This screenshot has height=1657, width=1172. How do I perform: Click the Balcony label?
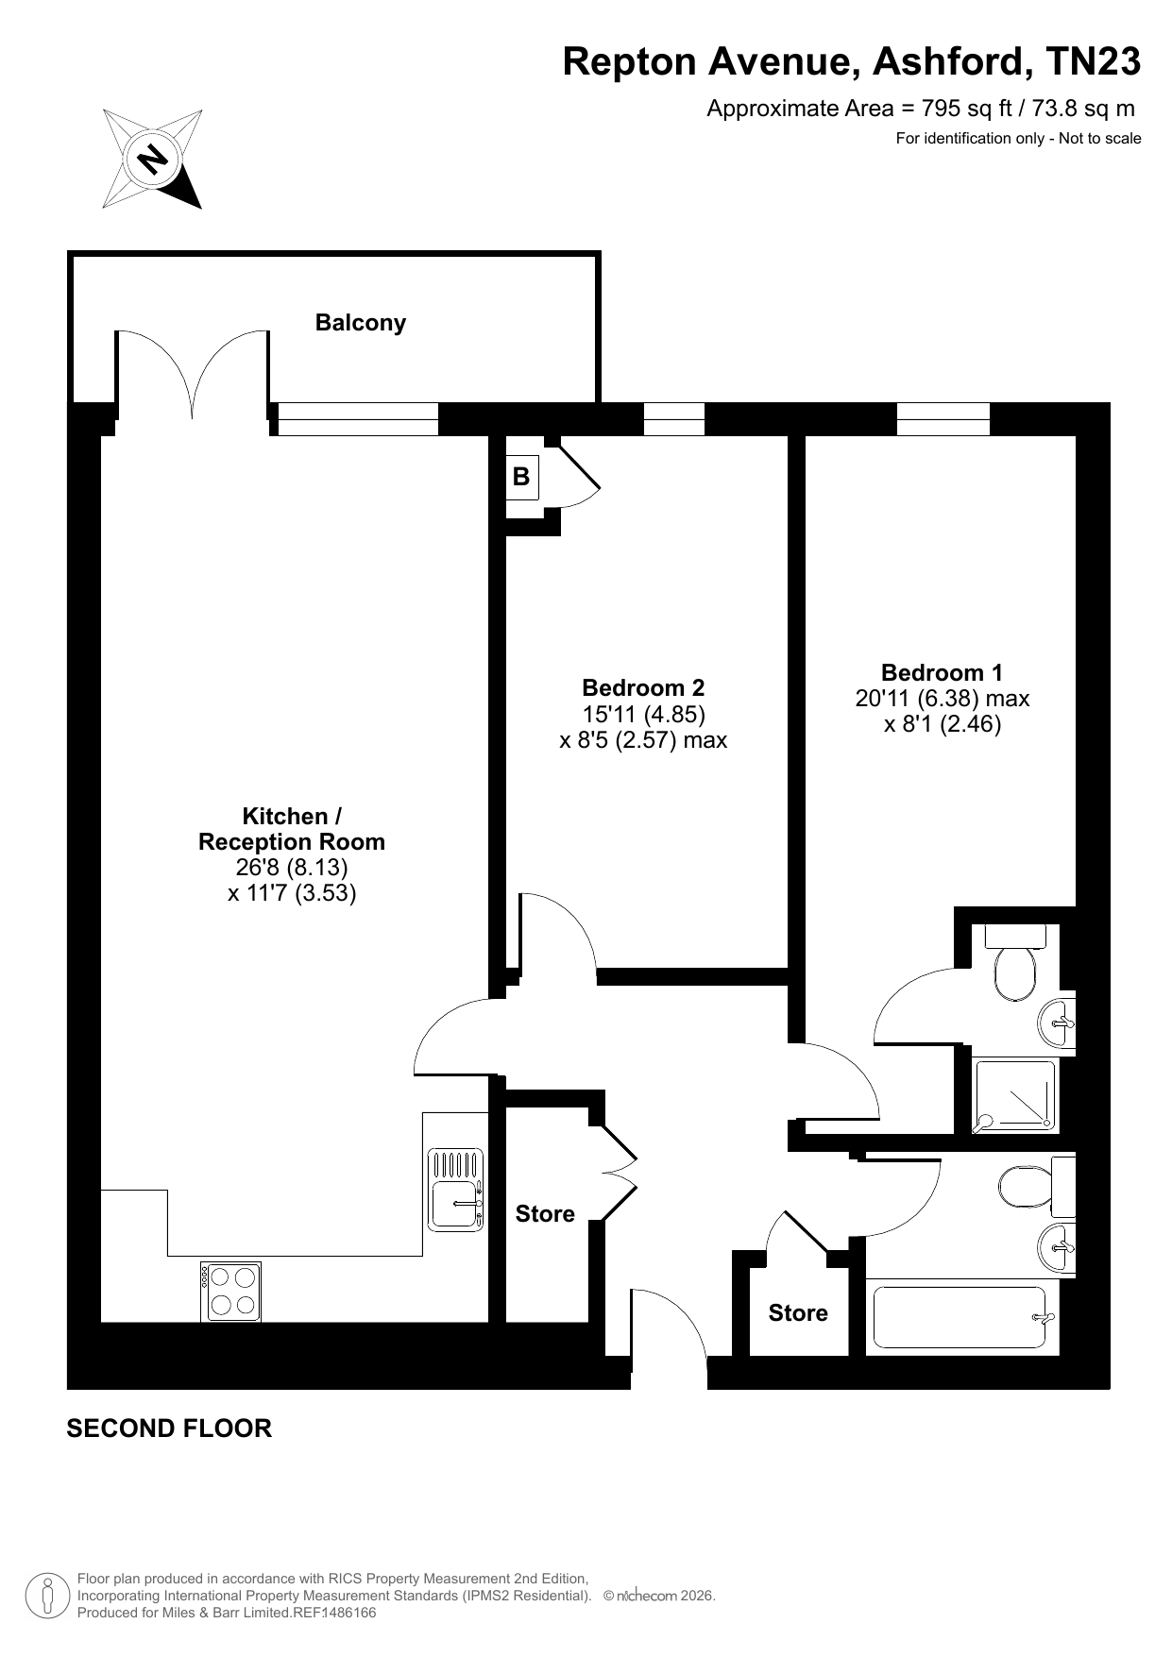360,323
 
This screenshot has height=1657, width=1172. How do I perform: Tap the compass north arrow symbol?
152,159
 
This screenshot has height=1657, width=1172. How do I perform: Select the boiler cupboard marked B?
521,477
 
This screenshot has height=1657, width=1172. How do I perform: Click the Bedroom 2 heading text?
643,688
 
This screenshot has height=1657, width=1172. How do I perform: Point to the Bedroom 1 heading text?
942,673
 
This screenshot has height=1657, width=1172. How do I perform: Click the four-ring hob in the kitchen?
231,1291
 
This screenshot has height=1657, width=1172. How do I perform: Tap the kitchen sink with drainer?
456,1190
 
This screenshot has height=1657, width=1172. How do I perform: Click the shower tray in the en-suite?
1015,1095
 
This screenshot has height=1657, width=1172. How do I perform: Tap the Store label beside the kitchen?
545,1214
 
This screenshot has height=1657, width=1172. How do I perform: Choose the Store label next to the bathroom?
798,1313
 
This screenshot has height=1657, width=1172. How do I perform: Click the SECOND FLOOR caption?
169,1429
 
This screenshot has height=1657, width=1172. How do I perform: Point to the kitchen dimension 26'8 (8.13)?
292,867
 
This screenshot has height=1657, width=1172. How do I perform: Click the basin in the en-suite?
1058,1023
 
